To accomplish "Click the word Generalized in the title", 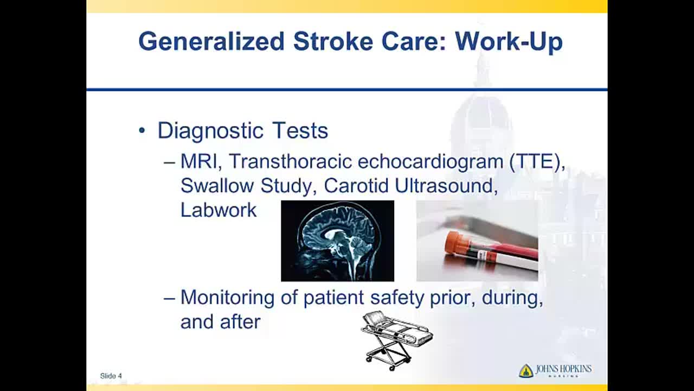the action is [x=211, y=41].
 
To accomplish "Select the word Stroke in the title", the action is [x=333, y=41].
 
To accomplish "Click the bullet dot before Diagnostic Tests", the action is [x=142, y=131].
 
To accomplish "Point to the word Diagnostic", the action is [x=211, y=131].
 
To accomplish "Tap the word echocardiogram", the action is [x=430, y=162].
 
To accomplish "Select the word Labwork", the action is [x=219, y=210].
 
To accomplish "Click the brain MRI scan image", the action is [x=337, y=241].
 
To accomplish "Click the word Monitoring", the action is [x=227, y=298].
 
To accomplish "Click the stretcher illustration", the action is [x=397, y=340].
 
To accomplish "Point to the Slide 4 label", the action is [x=111, y=376].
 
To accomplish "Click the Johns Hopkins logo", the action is [x=555, y=370].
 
